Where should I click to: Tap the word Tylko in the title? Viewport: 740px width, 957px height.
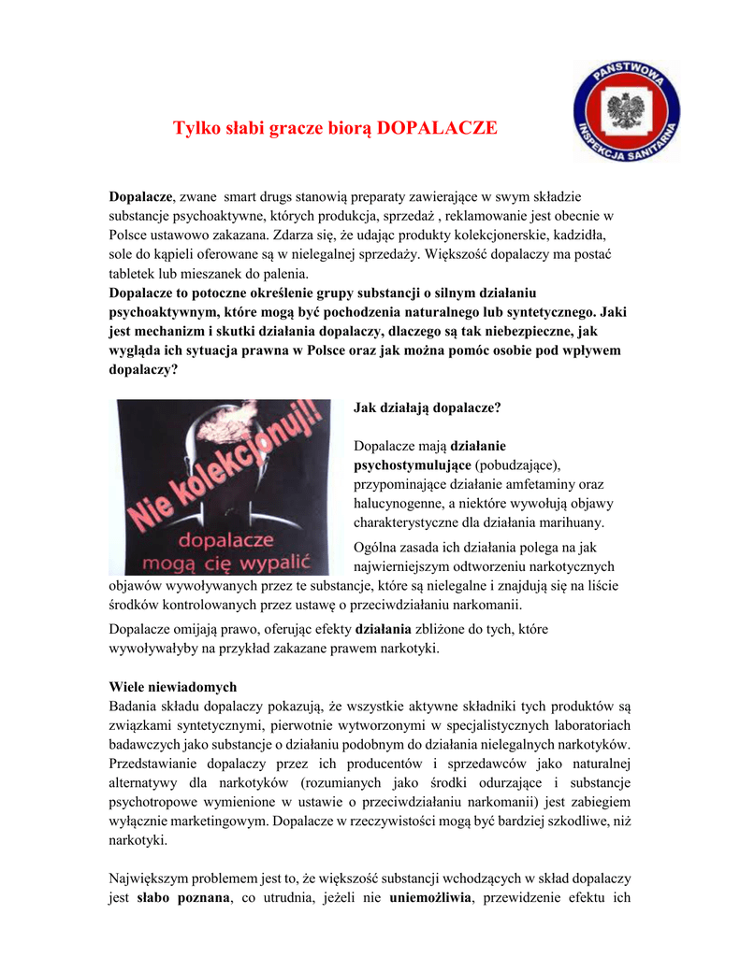click(196, 127)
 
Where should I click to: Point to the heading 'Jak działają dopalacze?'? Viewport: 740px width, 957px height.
click(428, 407)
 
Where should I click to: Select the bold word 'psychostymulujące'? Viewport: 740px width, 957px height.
click(412, 464)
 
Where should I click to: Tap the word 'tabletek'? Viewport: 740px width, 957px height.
click(135, 274)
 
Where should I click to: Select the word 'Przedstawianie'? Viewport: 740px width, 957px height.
click(153, 763)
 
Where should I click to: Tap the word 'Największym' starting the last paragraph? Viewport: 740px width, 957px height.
click(152, 878)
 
